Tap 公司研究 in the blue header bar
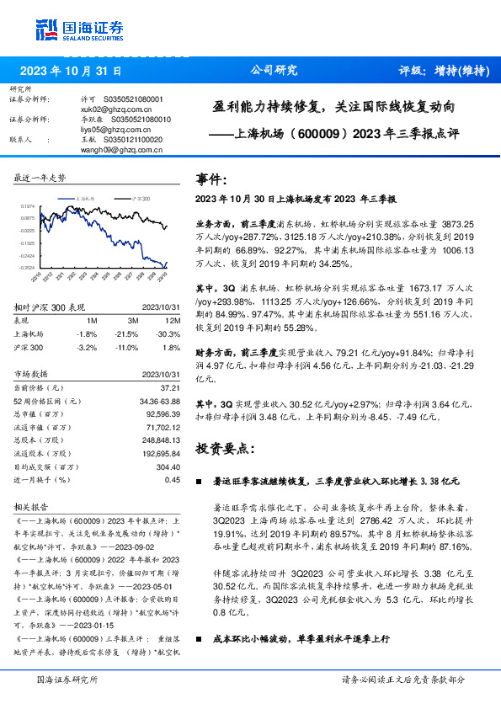[x=274, y=72]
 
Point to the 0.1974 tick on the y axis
[x=26, y=205]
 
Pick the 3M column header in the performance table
[x=131, y=321]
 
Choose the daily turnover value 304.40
[x=168, y=465]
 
